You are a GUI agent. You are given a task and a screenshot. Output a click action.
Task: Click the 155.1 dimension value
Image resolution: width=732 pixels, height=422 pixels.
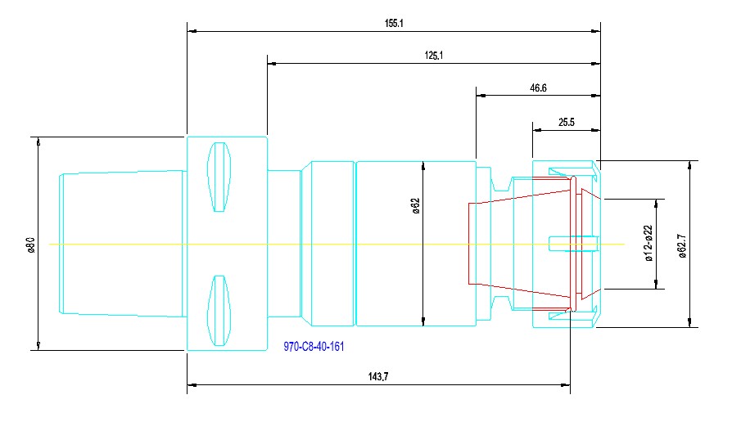coord(394,24)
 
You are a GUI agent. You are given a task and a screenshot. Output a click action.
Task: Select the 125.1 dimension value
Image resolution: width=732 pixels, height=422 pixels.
coord(434,56)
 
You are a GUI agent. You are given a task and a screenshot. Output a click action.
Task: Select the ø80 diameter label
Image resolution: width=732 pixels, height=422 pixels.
coord(30,244)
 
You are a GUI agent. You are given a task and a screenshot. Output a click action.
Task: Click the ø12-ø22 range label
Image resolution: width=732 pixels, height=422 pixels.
coord(648,244)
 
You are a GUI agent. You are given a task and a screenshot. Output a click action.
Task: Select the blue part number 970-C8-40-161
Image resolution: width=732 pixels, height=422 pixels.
coord(314,347)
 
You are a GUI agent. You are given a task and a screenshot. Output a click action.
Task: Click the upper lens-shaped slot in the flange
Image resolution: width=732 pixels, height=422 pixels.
coord(218,177)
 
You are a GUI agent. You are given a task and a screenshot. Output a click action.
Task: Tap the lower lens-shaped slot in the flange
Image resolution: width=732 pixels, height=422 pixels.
coord(218,310)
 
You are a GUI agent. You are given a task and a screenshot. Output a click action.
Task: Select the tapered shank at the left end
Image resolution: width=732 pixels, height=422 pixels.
coord(123,243)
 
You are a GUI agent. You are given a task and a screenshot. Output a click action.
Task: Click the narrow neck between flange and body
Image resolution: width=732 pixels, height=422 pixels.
coord(284,243)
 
